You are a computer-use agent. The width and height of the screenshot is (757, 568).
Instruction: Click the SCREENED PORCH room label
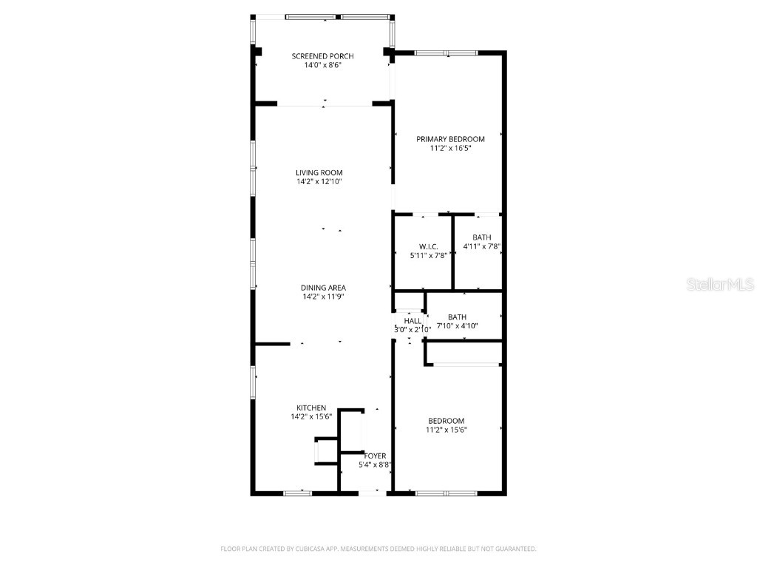322,56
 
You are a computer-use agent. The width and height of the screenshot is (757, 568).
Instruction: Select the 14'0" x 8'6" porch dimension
322,65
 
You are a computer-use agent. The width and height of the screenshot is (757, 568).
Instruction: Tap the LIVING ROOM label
319,173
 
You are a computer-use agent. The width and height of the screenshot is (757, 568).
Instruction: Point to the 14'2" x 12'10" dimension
319,182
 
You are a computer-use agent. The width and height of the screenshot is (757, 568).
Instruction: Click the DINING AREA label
323,288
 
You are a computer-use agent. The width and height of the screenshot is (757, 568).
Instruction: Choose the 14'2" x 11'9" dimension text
323,297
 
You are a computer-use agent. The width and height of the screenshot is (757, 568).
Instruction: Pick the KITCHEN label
311,408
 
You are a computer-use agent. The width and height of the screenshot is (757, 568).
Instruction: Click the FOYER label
375,456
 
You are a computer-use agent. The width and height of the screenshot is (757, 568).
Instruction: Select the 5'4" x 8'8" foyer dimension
375,464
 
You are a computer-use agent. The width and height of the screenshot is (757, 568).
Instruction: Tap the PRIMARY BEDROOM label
450,139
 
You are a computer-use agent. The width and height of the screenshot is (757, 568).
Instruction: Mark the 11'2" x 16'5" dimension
450,148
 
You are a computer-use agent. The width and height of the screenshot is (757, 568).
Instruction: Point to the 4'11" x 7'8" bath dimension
482,246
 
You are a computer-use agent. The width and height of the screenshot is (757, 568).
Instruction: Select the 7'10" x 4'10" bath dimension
457,326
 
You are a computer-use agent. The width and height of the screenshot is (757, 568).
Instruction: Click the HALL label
413,321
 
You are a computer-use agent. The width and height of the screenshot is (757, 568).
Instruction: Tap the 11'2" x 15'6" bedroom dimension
446,430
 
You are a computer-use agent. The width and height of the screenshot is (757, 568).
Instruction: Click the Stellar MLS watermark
720,284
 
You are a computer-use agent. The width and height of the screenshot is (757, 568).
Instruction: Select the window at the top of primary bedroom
446,53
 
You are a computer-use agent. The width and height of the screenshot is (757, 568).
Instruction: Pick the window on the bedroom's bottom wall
446,493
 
